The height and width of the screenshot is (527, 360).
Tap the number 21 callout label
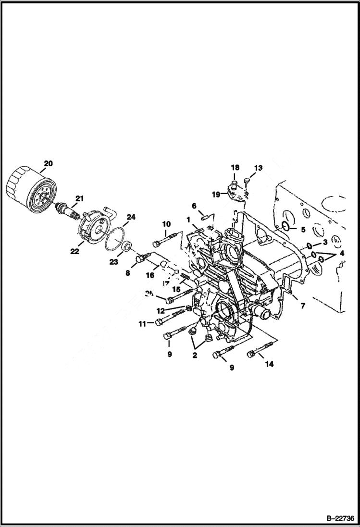[79, 198]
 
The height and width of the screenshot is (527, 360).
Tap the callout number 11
[142, 324]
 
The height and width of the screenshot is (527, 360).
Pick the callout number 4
[342, 253]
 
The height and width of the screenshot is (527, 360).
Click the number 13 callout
[259, 168]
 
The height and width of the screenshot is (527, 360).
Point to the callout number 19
[216, 195]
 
